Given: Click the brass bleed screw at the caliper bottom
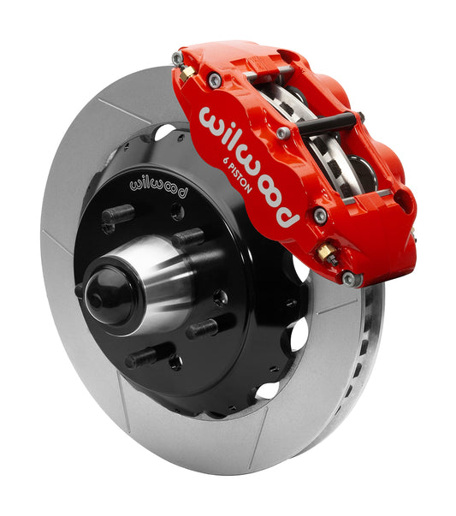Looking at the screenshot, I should (327, 253).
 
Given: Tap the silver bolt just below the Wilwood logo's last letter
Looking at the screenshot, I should (319, 216).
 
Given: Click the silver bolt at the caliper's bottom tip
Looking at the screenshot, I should (349, 278).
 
